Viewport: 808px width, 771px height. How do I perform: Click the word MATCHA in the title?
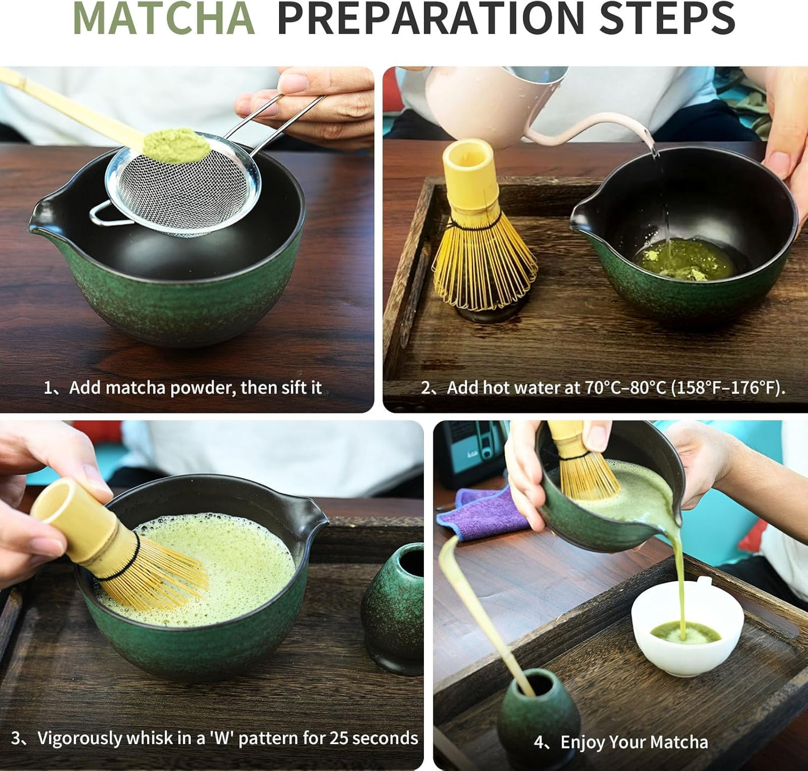click(163, 19)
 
